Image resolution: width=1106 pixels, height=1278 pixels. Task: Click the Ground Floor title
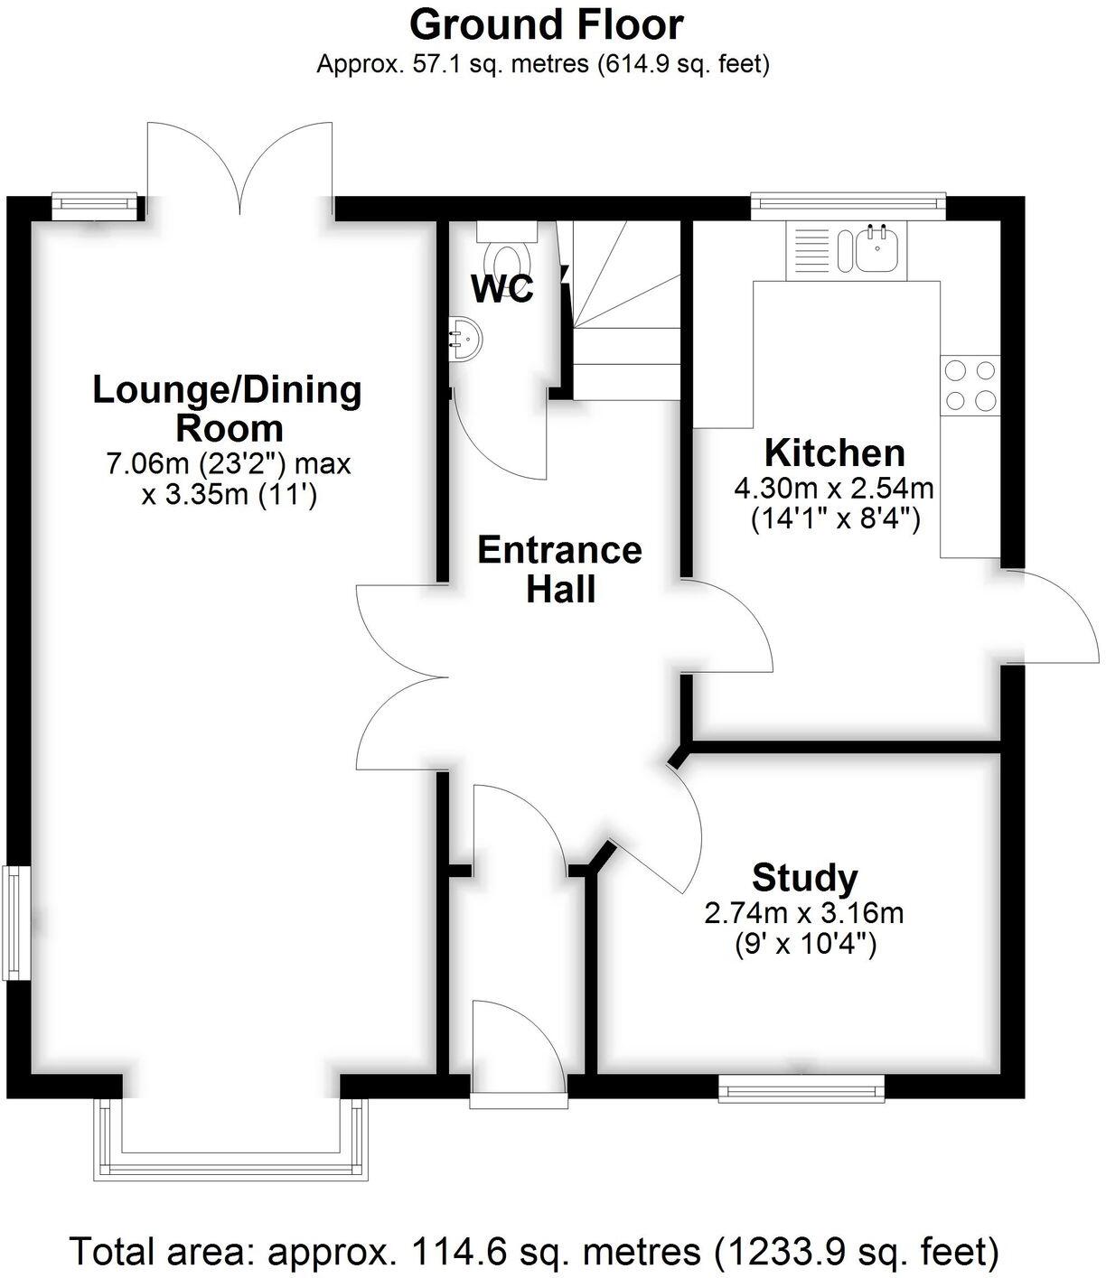coord(546,24)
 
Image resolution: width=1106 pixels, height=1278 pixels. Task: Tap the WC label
coord(502,289)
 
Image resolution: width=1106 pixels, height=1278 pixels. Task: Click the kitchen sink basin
coord(876,249)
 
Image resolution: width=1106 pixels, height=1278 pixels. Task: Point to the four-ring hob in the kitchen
coord(970,385)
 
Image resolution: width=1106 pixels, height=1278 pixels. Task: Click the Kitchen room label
coord(834,452)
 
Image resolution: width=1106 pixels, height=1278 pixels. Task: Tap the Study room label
coord(804,877)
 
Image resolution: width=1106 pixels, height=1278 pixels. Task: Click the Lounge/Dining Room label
coord(228,407)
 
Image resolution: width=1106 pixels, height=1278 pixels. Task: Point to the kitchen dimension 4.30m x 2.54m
coord(834,489)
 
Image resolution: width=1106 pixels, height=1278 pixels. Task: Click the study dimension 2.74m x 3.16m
coord(804,913)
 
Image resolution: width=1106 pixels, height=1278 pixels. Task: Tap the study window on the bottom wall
coord(801,1088)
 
